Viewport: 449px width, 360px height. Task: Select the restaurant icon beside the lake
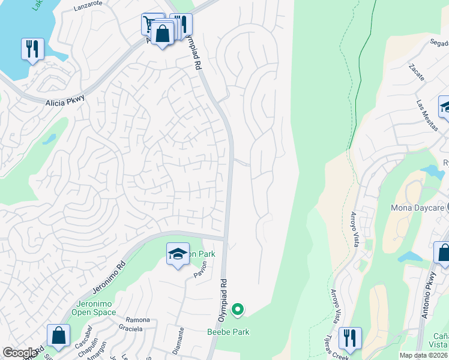point(32,49)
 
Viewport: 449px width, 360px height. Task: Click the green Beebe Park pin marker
point(238,310)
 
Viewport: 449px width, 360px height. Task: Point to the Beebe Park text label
point(228,332)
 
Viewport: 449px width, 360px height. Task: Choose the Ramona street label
point(137,320)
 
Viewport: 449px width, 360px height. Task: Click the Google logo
point(20,353)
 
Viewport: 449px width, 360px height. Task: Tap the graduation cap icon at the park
point(178,254)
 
